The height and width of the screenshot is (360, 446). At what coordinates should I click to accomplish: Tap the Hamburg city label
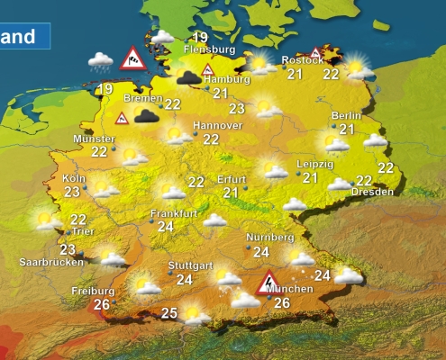pos(225,78)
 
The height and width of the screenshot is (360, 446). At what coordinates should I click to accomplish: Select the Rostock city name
pos(301,60)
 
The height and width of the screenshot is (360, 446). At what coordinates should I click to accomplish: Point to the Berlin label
pos(346,115)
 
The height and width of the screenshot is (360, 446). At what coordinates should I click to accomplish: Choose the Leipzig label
pos(314,165)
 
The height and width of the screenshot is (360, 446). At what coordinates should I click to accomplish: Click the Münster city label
pos(95,139)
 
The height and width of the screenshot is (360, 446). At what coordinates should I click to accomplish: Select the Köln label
pos(74,178)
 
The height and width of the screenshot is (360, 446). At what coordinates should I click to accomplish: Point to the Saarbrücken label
pos(51,262)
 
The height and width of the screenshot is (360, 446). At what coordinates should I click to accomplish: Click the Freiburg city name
pos(93,291)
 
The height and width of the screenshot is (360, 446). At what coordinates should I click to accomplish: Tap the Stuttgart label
pos(190,266)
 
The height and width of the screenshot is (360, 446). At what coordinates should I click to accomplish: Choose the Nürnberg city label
pos(270,238)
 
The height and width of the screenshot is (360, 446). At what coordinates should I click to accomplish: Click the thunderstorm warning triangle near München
pos(267,284)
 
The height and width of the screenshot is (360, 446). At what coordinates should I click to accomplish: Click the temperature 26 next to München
pos(282,303)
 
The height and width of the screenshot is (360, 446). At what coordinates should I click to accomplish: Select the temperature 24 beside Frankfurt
pos(165,227)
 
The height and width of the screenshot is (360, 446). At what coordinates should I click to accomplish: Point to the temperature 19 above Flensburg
pos(200,36)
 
